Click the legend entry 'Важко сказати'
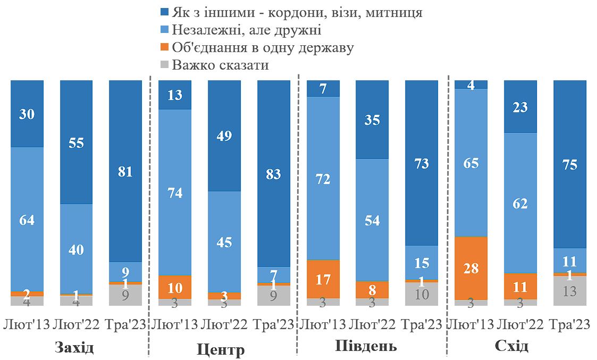220,65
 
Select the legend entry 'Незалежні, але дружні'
247,30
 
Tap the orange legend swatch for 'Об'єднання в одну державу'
164,48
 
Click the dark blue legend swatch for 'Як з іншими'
164,12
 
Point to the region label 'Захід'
74,348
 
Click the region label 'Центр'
221,349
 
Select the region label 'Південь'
366,347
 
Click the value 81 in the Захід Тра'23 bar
125,171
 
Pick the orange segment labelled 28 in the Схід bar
471,268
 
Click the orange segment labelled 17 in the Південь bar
323,279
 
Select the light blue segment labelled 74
175,192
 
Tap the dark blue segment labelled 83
274,173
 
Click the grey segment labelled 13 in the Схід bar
570,291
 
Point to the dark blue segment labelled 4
471,85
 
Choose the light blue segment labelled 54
372,220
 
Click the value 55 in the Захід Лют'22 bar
77,143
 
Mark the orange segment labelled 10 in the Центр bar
175,287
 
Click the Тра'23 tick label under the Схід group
570,324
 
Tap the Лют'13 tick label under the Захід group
27,324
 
